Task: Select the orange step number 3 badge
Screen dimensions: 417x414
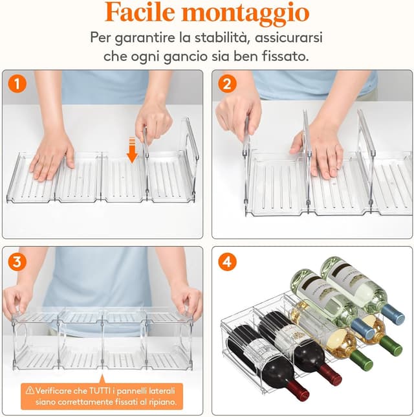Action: click(x=18, y=262)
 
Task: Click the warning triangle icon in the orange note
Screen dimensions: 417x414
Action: click(x=30, y=390)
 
